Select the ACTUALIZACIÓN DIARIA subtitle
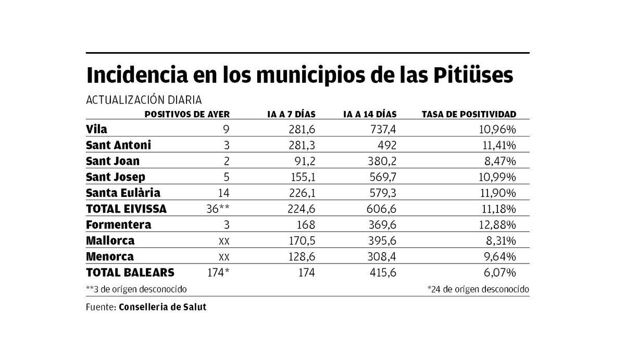(143, 100)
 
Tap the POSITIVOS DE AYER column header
(187, 114)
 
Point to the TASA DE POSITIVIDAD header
(469, 114)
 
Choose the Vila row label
(97, 129)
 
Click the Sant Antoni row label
(118, 145)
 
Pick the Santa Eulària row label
(123, 193)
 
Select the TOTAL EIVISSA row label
(126, 209)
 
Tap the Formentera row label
(119, 225)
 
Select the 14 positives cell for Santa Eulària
(223, 193)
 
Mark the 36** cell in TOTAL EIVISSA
(218, 209)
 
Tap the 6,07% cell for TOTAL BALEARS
(501, 272)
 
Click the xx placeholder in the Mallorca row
(224, 241)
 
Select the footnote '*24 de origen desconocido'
(478, 289)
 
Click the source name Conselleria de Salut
(162, 307)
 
